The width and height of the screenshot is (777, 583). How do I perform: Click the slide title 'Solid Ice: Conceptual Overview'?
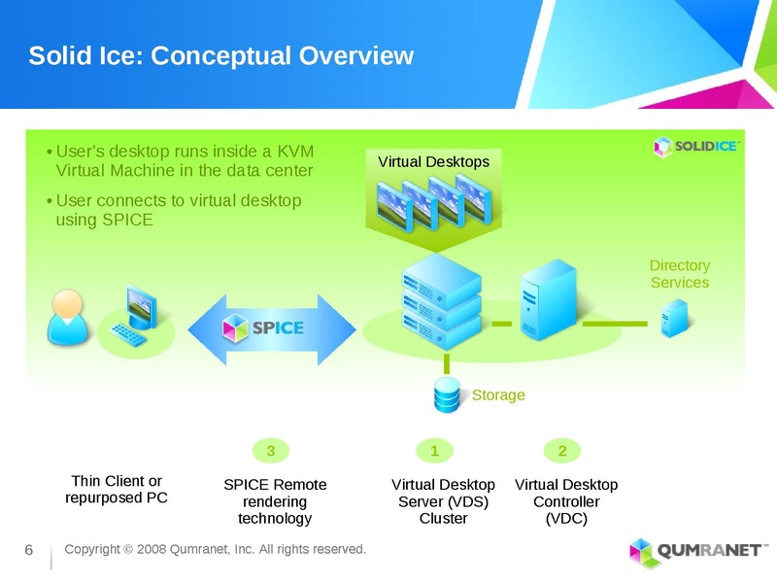click(x=221, y=55)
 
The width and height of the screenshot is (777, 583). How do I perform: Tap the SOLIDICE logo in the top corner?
click(x=696, y=146)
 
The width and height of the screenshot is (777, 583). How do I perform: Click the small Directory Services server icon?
click(x=671, y=317)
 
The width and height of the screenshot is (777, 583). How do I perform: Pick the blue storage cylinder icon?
click(x=447, y=394)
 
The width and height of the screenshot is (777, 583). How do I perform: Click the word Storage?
click(x=498, y=395)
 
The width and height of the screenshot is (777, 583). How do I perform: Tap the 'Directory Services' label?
click(x=679, y=274)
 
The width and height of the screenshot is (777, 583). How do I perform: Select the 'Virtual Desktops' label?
click(x=433, y=161)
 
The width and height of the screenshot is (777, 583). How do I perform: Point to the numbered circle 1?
click(x=435, y=450)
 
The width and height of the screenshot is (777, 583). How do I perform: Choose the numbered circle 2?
click(x=562, y=450)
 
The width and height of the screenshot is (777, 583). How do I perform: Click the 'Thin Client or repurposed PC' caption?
click(x=118, y=490)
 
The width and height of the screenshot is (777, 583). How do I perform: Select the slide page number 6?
click(x=29, y=552)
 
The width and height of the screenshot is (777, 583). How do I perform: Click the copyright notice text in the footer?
click(x=215, y=550)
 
